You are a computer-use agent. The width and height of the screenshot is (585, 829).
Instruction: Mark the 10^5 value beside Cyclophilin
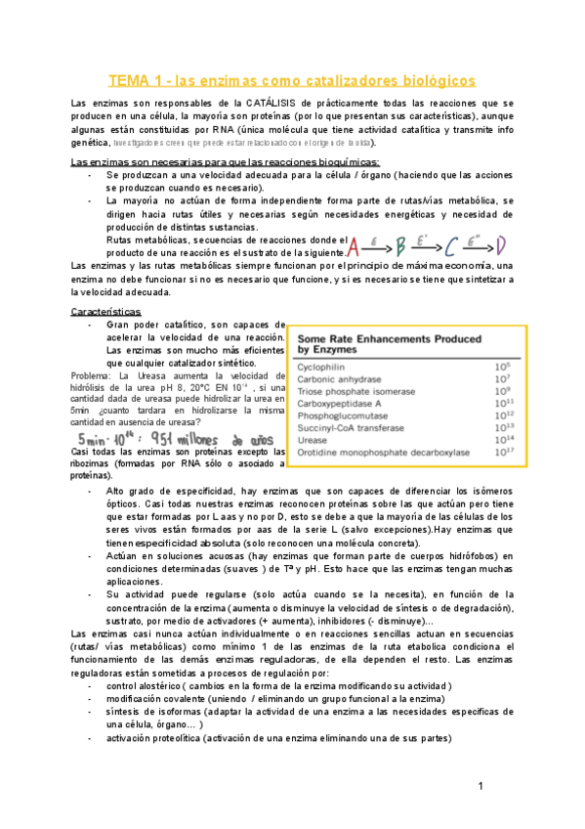click(504, 366)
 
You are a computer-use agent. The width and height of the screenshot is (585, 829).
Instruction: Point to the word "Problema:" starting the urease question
click(94, 376)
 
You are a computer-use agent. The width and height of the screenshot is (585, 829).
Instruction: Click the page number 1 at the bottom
click(481, 787)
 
